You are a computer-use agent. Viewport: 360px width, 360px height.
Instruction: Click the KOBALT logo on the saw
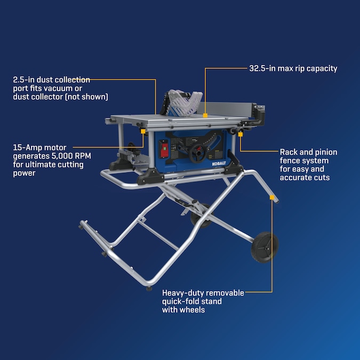click(x=219, y=164)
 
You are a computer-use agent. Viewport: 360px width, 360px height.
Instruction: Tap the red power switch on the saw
click(x=164, y=149)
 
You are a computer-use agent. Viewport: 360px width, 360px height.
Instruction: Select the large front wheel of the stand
click(x=265, y=247)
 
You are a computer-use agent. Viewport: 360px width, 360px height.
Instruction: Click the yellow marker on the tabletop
click(x=205, y=115)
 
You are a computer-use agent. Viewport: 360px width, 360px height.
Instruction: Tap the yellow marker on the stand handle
click(x=272, y=197)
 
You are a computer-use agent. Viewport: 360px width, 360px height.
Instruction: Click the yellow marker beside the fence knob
click(x=240, y=134)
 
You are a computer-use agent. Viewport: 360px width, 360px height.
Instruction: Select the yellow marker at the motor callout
click(x=143, y=131)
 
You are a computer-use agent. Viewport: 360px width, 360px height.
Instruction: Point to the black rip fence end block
click(x=258, y=115)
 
